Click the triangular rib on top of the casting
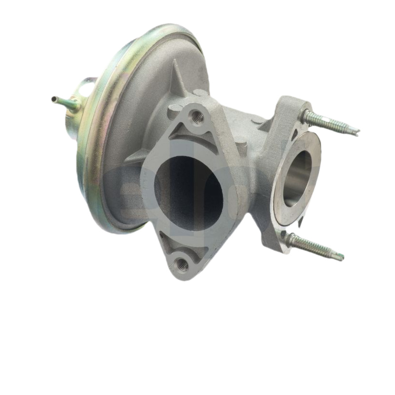177,79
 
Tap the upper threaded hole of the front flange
197,117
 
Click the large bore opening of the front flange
190,193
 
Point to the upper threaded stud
328,123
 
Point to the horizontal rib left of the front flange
136,157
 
